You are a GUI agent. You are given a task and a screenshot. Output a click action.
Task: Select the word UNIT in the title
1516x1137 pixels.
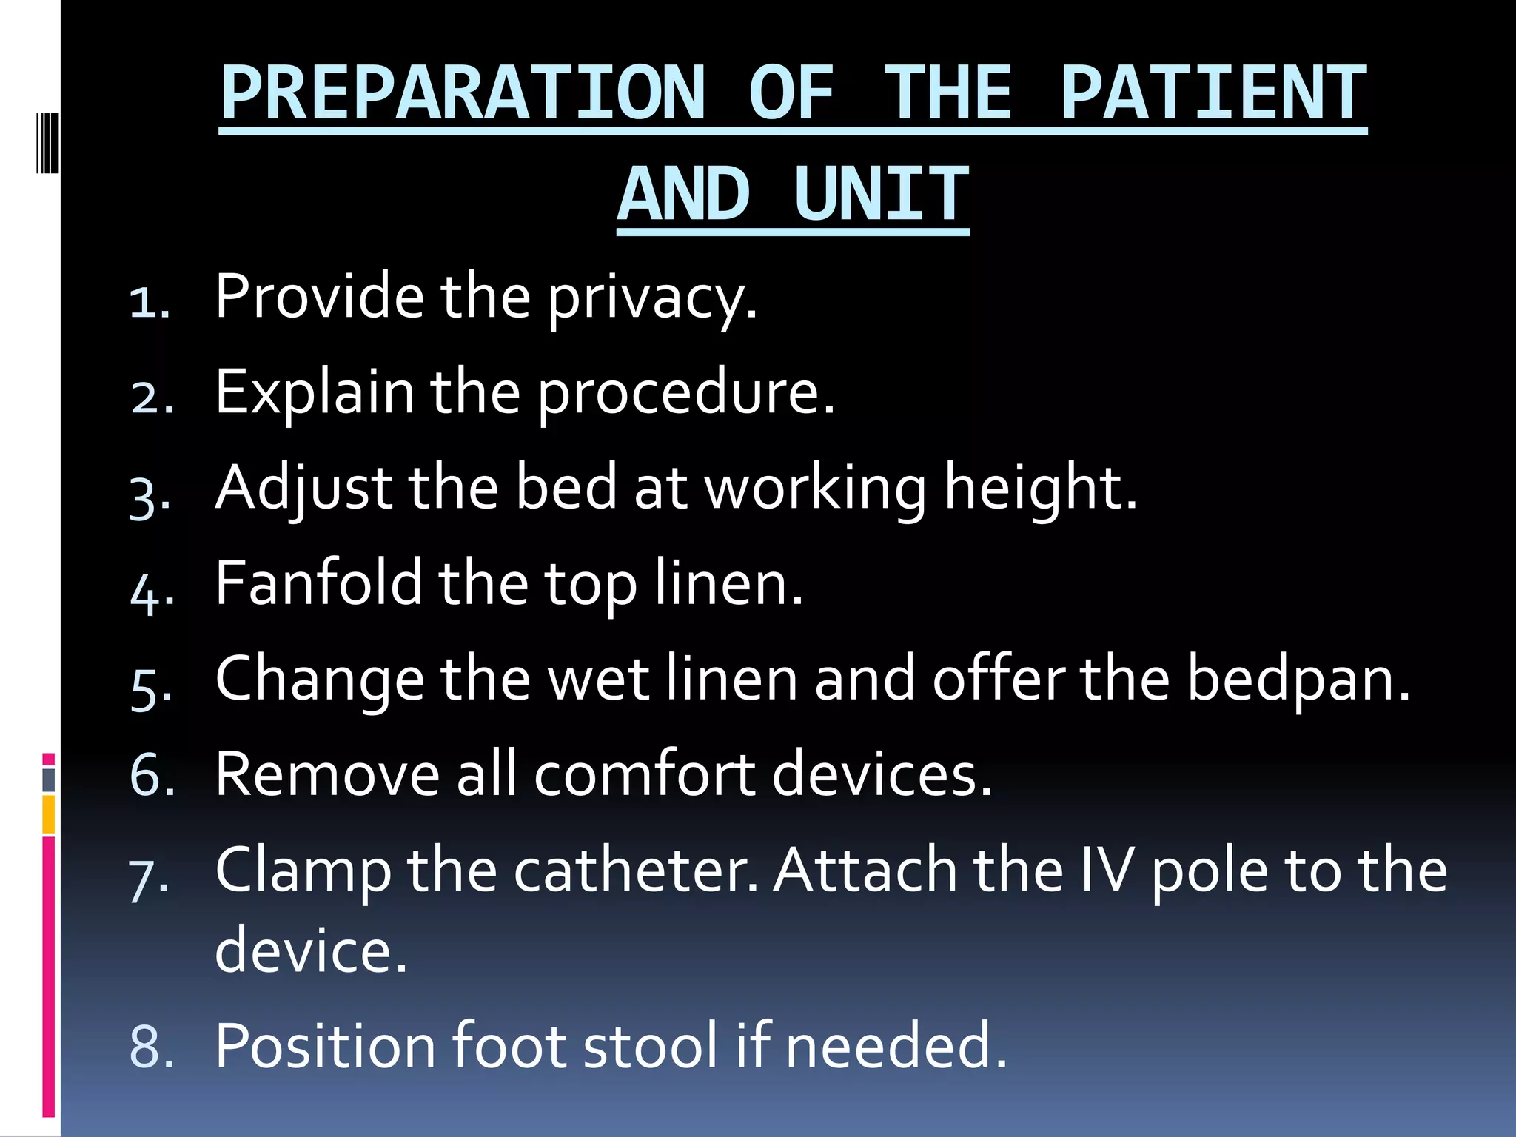[x=881, y=194]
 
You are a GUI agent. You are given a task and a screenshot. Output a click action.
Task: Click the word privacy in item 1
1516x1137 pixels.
[x=652, y=298]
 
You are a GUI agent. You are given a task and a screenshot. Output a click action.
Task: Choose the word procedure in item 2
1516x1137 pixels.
[x=685, y=392]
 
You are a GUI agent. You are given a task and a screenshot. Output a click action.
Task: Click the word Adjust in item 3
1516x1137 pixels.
[x=303, y=489]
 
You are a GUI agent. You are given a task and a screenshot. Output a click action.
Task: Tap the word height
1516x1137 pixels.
[x=1040, y=489]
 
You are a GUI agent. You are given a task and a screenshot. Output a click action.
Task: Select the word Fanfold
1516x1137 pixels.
[x=318, y=583]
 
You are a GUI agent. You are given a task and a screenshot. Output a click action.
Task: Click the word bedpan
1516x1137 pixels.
[x=1299, y=679]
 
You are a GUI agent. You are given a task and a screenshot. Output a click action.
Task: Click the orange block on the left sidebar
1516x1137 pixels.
[x=49, y=814]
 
